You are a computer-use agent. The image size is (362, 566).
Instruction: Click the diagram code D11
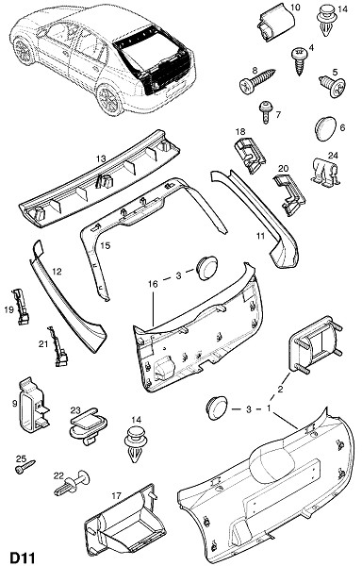[22, 557]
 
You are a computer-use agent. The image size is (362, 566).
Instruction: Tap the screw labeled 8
[257, 80]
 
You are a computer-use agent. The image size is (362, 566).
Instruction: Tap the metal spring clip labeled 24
[325, 174]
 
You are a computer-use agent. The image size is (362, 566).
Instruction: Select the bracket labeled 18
[250, 156]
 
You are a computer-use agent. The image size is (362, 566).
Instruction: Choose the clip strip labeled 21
[58, 346]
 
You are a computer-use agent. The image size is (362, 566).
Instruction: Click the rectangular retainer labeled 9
[33, 405]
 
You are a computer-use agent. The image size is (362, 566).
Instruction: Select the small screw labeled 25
[25, 467]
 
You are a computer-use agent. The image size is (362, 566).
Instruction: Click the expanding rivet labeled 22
[72, 483]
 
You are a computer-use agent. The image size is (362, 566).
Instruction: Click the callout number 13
[101, 158]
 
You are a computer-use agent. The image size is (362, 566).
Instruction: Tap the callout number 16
[153, 284]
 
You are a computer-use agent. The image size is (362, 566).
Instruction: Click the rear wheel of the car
[108, 99]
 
